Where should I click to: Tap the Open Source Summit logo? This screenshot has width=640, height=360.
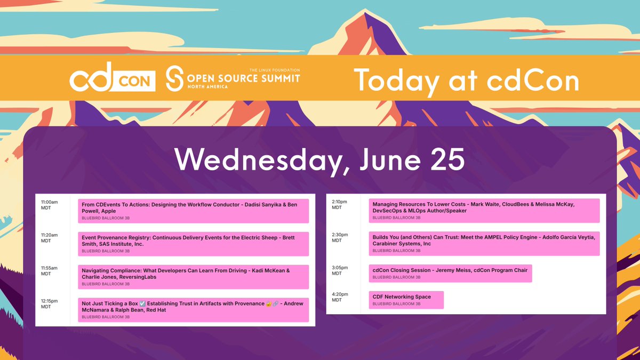[232, 79]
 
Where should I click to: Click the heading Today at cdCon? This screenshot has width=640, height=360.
[466, 80]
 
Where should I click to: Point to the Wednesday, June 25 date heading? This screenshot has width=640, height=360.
[319, 159]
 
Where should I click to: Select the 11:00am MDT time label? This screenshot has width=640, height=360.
[49, 205]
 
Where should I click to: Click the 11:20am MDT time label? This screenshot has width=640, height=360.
[49, 238]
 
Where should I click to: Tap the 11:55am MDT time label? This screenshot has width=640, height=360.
[49, 271]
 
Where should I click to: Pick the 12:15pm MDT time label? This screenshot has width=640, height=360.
[49, 304]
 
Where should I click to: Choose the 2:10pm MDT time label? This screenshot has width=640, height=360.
[339, 205]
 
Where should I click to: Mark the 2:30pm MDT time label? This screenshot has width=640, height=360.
[339, 238]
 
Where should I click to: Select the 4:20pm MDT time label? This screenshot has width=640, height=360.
[339, 297]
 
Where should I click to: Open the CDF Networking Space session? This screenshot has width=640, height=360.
[406, 300]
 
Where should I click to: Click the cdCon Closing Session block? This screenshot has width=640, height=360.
[450, 273]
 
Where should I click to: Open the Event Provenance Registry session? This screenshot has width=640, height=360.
[193, 244]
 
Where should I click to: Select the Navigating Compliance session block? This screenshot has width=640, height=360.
[193, 277]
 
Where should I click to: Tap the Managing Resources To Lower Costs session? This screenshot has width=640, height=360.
[484, 210]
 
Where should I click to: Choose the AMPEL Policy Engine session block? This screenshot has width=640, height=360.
[484, 243]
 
